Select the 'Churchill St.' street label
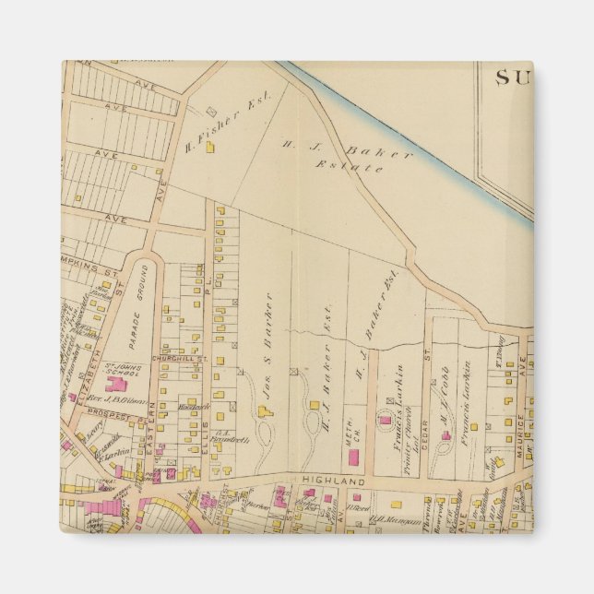click(x=172, y=359)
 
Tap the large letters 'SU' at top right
click(x=514, y=78)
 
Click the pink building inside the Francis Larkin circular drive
click(x=385, y=421)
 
